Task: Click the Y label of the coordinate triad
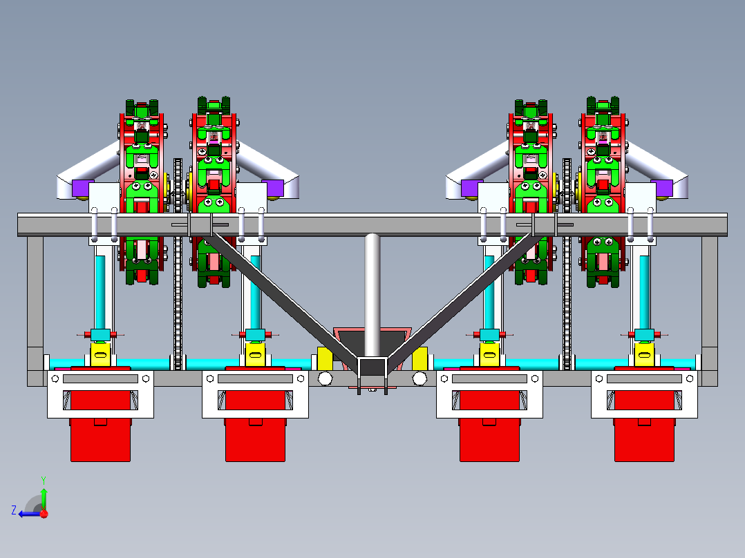click(x=43, y=479)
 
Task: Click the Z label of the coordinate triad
click(x=14, y=510)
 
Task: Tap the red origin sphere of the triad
click(x=44, y=513)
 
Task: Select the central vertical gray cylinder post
click(x=372, y=290)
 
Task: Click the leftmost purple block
click(x=82, y=187)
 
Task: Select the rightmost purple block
click(x=662, y=187)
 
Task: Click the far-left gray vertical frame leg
click(x=35, y=297)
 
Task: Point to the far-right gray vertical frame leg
click(x=709, y=297)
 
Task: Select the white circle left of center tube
click(x=324, y=378)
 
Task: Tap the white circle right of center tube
click(x=419, y=378)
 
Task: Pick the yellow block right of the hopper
click(x=419, y=358)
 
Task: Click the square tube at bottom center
click(x=372, y=366)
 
